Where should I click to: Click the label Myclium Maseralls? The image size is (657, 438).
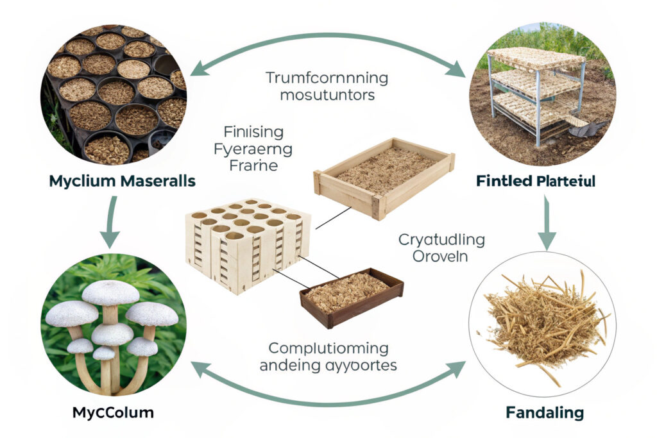[121, 181]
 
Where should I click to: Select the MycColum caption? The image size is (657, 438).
[114, 412]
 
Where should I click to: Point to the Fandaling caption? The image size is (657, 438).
[545, 412]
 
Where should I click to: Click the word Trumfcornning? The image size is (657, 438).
[327, 79]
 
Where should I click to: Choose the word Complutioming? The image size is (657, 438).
[328, 348]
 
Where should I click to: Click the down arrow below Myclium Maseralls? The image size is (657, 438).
[109, 221]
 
